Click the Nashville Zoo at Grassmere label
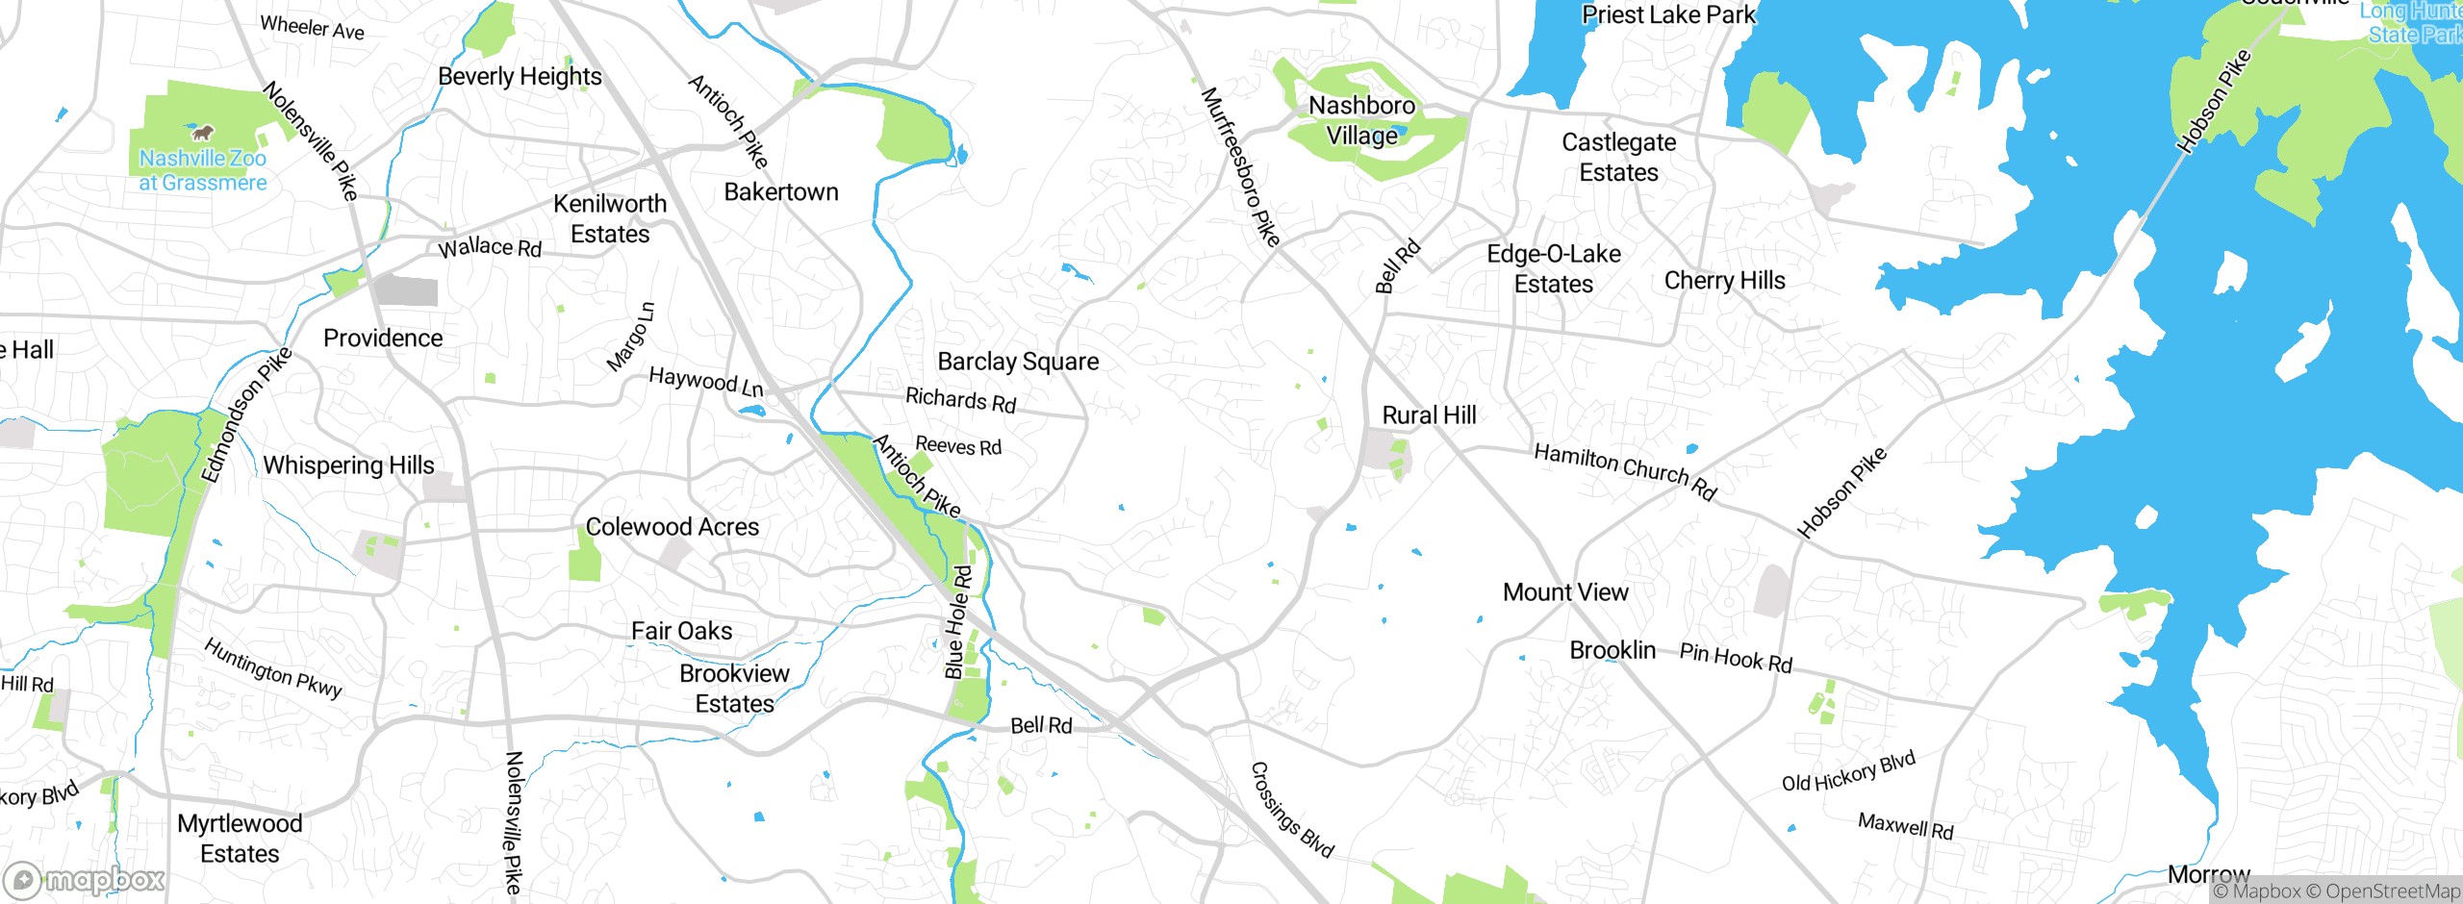202,170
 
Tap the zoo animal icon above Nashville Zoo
202,132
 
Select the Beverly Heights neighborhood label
520,77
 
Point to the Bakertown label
780,192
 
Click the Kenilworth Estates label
610,219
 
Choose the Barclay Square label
1018,362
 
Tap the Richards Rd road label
960,400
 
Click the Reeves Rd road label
958,446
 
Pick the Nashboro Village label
1361,120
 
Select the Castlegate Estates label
1618,158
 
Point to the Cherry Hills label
1724,281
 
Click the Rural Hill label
1429,415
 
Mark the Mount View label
1565,592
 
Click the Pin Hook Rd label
1736,659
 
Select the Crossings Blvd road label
1291,810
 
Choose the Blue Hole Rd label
958,623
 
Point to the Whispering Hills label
348,465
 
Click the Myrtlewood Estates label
240,839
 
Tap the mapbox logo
85,880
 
